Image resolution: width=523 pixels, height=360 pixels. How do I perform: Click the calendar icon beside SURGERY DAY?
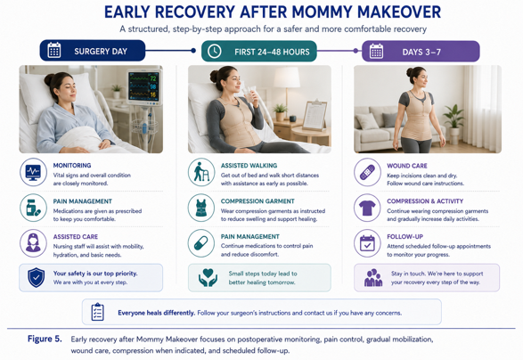point(54,51)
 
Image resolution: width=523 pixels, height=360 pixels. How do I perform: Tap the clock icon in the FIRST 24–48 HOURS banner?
point(214,52)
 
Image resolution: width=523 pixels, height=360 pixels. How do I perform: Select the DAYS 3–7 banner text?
point(421,52)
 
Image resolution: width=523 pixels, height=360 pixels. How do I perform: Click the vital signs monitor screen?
point(143,86)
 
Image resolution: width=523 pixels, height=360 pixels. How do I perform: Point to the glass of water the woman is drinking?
point(249,94)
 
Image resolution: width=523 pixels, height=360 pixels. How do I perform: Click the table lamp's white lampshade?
point(287,78)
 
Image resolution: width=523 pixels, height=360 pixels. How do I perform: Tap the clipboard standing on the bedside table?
point(315,116)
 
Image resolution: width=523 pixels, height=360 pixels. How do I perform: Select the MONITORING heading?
point(72,166)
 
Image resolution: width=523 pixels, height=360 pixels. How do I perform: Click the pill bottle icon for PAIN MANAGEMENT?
point(33,208)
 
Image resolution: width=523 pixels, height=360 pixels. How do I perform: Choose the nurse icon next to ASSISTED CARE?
point(33,243)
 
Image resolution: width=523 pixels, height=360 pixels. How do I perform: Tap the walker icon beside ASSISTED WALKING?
point(201,172)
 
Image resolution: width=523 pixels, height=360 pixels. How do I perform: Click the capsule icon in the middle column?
point(200,243)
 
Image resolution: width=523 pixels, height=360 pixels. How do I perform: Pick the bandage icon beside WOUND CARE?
point(367,172)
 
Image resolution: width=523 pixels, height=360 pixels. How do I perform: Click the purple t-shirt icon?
point(367,209)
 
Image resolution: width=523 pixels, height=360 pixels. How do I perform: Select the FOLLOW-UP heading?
point(405,236)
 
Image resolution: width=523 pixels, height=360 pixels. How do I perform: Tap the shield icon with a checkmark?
point(36,278)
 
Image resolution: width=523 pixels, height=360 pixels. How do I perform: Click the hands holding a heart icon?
point(208,278)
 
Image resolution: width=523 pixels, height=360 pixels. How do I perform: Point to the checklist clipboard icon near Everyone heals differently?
point(97,312)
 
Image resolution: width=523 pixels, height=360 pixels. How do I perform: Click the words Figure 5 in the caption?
point(45,339)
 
